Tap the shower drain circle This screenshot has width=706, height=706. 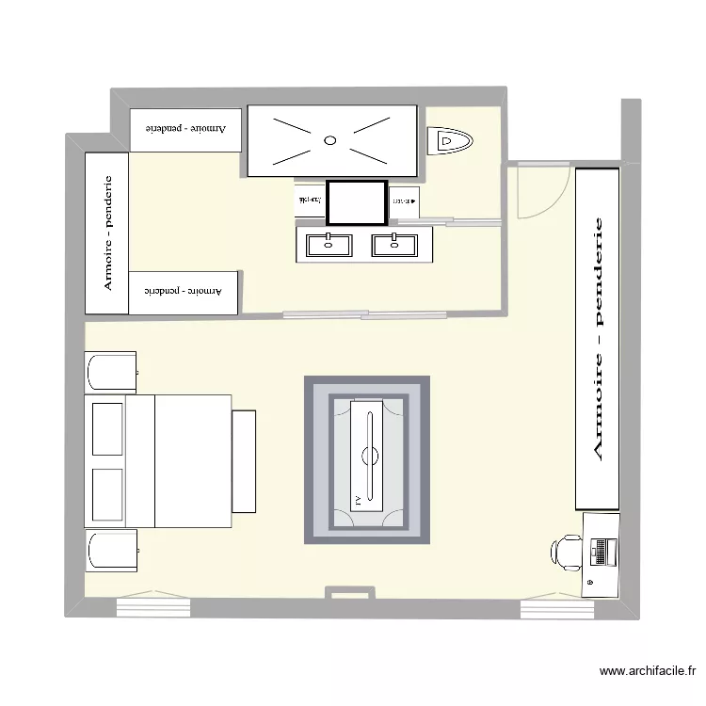tap(329, 140)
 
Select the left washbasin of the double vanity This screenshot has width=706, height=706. tap(329, 245)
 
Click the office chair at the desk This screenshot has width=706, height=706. tap(569, 553)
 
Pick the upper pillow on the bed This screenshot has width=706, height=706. tap(107, 428)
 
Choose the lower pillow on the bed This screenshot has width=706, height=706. tap(107, 492)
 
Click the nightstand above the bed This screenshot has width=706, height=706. tap(110, 373)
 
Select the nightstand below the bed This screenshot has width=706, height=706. tap(110, 551)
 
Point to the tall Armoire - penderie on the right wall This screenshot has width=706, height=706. tap(598, 338)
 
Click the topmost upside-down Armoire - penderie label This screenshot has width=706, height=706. tap(185, 128)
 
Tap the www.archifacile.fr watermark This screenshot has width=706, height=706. tap(647, 672)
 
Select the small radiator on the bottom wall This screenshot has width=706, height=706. tap(349, 592)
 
